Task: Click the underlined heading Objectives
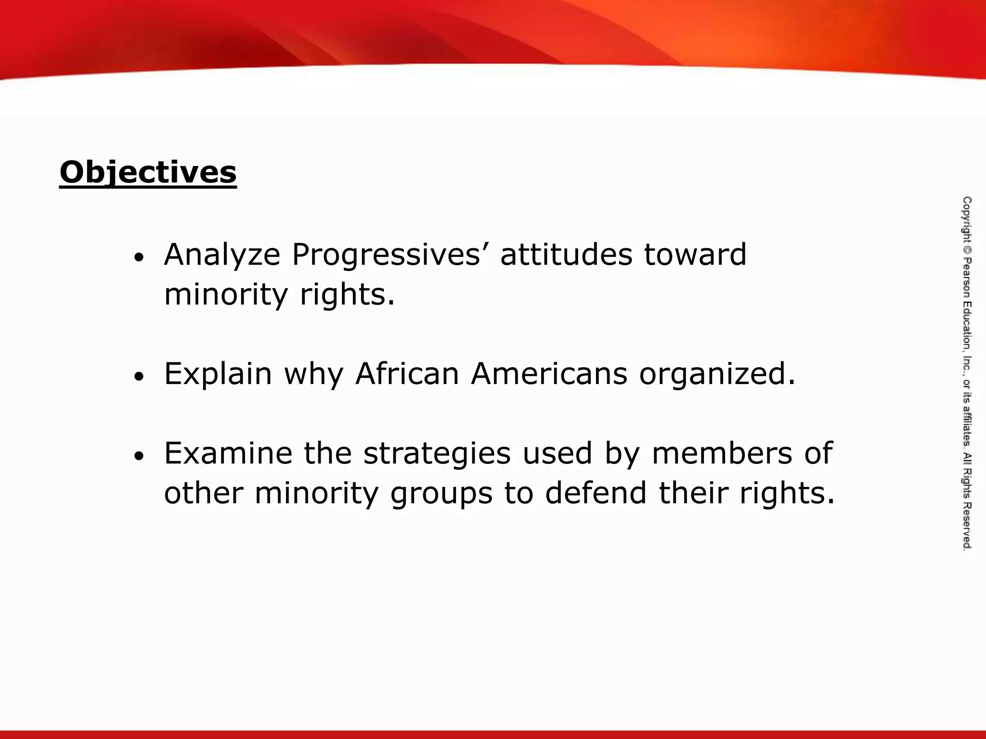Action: [148, 172]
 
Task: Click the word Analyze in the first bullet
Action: [222, 255]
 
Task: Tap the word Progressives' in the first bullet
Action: [387, 255]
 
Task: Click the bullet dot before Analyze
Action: [139, 258]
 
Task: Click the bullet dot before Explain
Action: [139, 377]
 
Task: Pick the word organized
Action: [717, 374]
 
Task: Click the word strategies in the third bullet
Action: [437, 454]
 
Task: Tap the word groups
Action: [441, 495]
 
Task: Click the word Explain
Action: [218, 374]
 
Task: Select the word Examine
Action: [228, 453]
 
